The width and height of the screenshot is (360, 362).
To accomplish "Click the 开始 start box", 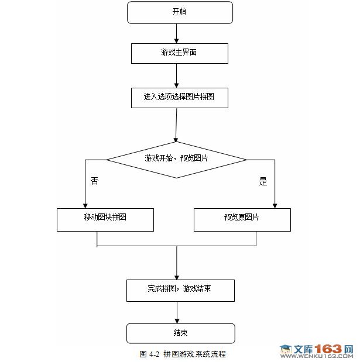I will (180, 12).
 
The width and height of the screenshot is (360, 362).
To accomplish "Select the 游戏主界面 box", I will (179, 53).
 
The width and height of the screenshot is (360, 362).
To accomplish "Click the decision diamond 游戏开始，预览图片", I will (176, 159).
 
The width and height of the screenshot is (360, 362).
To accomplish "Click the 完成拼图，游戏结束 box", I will (180, 289).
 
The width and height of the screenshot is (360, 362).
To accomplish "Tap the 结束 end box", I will (180, 333).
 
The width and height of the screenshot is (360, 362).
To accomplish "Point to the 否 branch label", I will (94, 181).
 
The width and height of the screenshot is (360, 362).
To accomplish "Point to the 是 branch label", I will (263, 181).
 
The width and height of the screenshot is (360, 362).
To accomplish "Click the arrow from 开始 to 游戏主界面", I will (176, 33).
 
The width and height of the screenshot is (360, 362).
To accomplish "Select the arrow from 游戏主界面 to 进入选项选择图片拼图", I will (176, 75).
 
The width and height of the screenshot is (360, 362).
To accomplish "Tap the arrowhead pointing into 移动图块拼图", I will (85, 205).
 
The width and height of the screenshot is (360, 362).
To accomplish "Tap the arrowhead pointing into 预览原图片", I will (275, 205).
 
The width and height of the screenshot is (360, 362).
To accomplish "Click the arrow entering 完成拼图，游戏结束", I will (176, 263).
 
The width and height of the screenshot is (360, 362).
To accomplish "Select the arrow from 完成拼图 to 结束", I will (176, 312).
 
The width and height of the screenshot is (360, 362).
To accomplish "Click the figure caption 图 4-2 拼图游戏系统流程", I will (183, 354).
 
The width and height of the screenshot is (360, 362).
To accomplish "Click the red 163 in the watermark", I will (331, 349).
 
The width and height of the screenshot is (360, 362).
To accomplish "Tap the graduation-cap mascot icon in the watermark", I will (286, 350).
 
